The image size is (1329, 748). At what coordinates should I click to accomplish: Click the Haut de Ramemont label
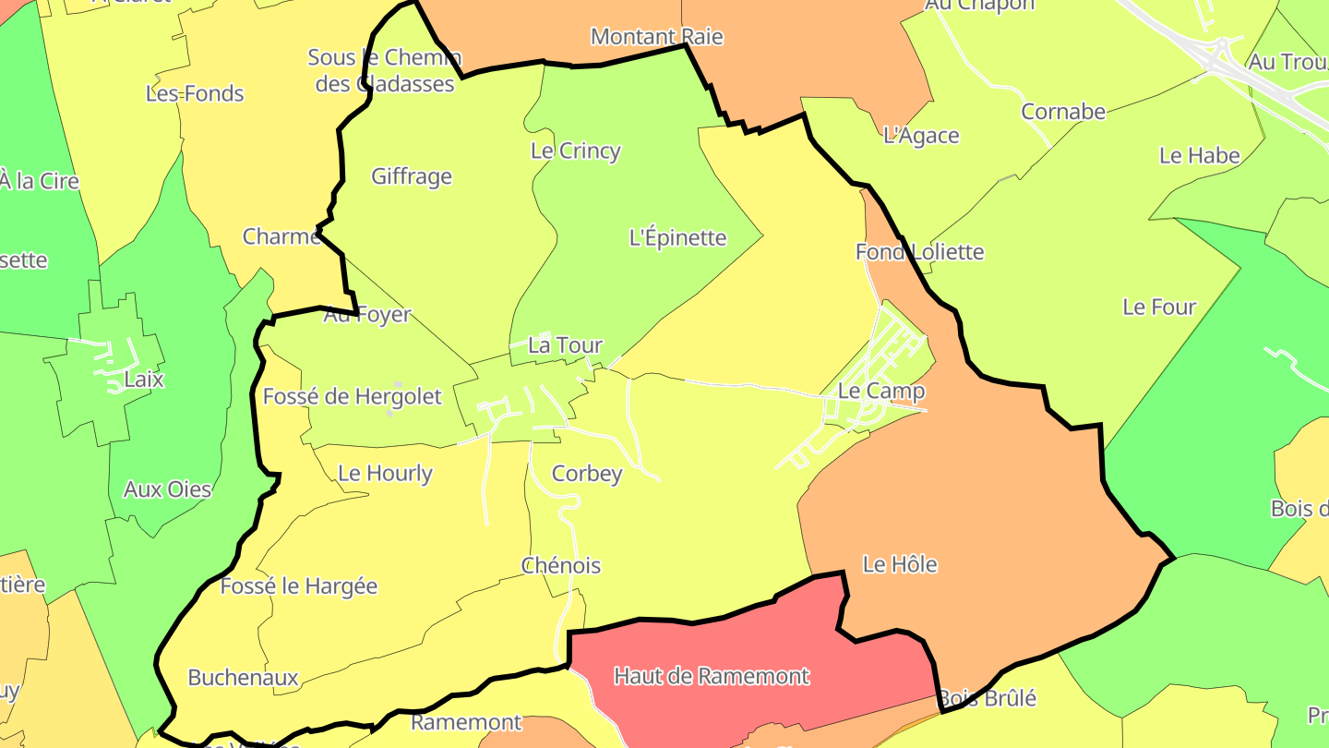[x=712, y=676]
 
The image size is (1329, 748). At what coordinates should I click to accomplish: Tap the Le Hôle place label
[x=900, y=564]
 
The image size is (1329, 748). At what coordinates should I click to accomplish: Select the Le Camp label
[x=880, y=391]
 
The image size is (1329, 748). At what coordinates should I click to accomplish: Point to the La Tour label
[x=565, y=345]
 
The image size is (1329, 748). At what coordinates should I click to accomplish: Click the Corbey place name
[x=587, y=474]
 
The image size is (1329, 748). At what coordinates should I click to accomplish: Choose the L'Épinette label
[x=677, y=238]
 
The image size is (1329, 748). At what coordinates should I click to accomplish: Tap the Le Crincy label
[x=575, y=151]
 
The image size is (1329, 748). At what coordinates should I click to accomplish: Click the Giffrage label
[x=412, y=176]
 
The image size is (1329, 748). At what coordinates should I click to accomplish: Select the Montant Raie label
[x=656, y=37]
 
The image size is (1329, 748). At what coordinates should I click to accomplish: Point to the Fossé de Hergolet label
[x=353, y=397]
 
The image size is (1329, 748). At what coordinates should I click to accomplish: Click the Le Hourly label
[x=385, y=474]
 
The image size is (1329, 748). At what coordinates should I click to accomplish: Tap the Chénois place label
[x=561, y=566]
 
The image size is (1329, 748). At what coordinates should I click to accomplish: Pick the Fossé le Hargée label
[x=299, y=586]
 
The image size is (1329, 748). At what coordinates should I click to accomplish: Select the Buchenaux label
[x=243, y=678]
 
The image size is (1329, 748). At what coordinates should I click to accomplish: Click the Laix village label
[x=143, y=380]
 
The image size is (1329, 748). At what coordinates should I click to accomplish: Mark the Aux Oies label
[x=167, y=489]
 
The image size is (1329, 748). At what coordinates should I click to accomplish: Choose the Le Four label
[x=1158, y=308]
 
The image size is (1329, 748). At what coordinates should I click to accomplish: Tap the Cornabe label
[x=1062, y=112]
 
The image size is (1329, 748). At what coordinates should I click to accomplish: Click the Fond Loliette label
[x=919, y=252]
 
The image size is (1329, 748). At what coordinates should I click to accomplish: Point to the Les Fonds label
[x=195, y=94]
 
